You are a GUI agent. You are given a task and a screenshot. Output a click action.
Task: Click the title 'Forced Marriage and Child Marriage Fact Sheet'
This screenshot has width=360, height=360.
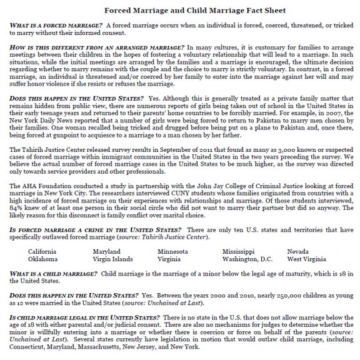point(179,11)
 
